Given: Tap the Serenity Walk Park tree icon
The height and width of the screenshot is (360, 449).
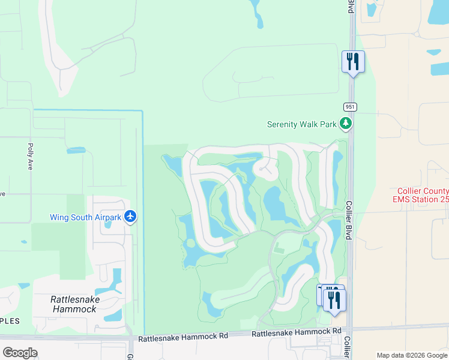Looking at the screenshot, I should point(345,124).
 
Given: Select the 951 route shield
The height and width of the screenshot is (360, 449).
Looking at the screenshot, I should point(351,106).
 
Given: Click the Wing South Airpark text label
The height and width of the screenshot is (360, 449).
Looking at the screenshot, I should point(85,217).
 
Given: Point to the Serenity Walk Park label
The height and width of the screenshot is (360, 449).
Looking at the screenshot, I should point(302,125).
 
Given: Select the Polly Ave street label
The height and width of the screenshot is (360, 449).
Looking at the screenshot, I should point(30,156).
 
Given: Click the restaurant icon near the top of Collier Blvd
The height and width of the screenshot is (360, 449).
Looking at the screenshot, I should point(353,62).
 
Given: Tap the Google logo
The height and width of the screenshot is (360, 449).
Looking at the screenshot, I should point(20,352).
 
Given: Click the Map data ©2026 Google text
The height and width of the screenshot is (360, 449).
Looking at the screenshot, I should point(412,355).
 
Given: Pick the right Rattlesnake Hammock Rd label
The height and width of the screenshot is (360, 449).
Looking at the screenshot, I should point(297,332).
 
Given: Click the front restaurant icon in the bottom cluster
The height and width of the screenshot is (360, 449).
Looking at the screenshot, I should point(334,300).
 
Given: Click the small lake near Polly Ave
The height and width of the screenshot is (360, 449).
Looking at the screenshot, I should point(76,150).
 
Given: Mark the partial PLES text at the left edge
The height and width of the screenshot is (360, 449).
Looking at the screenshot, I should point(10,321).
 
